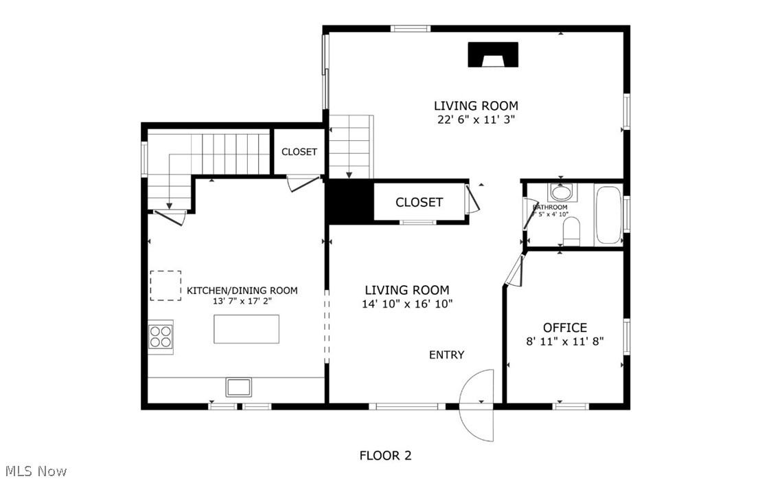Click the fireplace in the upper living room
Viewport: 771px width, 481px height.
(493, 55)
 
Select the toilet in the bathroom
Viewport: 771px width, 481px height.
(571, 232)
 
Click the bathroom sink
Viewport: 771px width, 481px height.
(561, 192)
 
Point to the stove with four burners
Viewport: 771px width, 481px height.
(161, 337)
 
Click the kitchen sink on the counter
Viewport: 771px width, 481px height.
(239, 387)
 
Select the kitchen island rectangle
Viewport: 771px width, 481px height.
(246, 329)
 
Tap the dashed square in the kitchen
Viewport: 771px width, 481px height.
(165, 285)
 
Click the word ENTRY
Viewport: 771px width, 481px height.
(446, 355)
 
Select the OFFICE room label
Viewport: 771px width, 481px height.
(564, 328)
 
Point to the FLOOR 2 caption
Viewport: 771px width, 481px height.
(385, 456)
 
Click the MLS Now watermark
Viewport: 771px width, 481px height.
(34, 471)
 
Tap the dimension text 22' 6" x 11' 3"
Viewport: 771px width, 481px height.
(475, 119)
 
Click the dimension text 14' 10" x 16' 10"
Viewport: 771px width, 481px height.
(406, 304)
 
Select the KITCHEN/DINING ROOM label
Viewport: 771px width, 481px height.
(242, 291)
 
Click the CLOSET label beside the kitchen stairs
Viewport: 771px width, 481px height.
(299, 152)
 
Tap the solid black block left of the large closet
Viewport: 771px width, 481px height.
(349, 202)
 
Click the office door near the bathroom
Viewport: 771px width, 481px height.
(513, 271)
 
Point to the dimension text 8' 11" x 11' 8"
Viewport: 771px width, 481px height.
(564, 341)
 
